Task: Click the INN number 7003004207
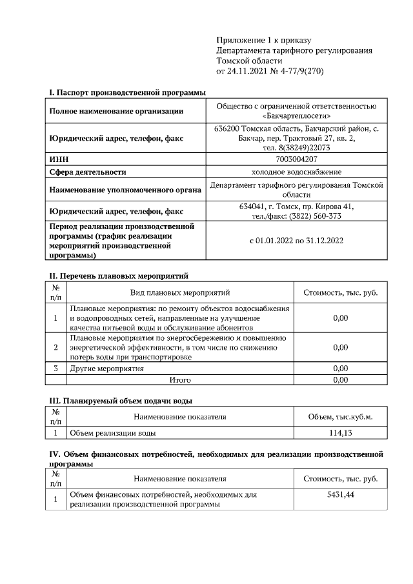297,158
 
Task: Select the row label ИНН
59,158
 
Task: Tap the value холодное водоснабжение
297,172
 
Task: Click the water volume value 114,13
340,432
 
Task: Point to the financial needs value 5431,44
340,494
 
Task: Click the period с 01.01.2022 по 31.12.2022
297,241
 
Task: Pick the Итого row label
180,380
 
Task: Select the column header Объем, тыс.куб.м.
340,417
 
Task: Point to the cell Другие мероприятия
106,368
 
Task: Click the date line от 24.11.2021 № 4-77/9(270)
270,70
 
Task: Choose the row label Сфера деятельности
88,172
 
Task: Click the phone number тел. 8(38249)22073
297,147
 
